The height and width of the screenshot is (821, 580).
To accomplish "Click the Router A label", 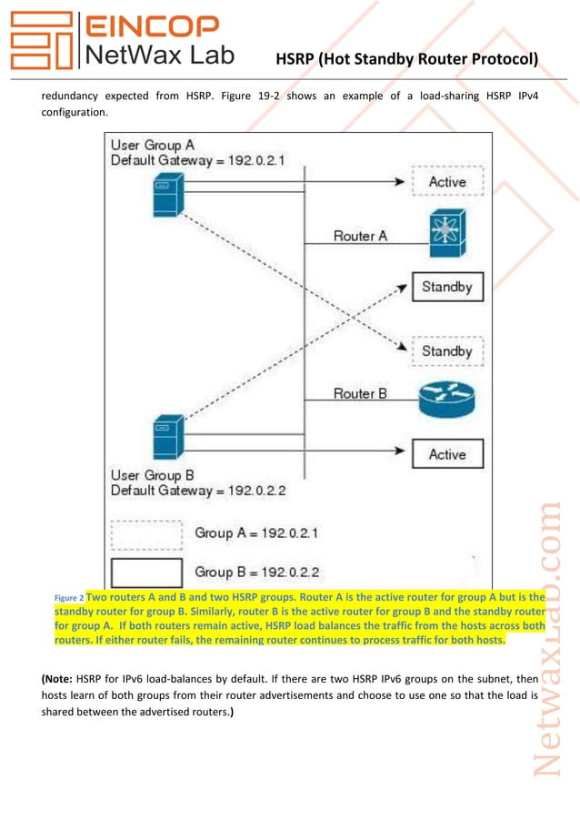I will pyautogui.click(x=360, y=236).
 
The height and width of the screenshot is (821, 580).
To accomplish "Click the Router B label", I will pyautogui.click(x=360, y=393).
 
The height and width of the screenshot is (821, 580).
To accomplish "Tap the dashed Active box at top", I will pyautogui.click(x=446, y=182).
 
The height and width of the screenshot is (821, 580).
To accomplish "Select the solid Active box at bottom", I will pyautogui.click(x=446, y=453).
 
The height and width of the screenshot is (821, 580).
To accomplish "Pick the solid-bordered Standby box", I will pyautogui.click(x=446, y=288).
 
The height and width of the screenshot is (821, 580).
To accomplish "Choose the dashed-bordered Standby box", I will pyautogui.click(x=446, y=350).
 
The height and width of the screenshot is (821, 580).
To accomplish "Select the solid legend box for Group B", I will pyautogui.click(x=146, y=573).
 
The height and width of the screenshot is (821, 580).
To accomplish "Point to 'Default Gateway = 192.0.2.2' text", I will pyautogui.click(x=198, y=491).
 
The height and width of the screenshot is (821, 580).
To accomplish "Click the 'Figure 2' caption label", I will pyautogui.click(x=69, y=598).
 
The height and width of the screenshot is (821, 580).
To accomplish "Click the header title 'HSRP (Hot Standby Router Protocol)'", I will pyautogui.click(x=407, y=60).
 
